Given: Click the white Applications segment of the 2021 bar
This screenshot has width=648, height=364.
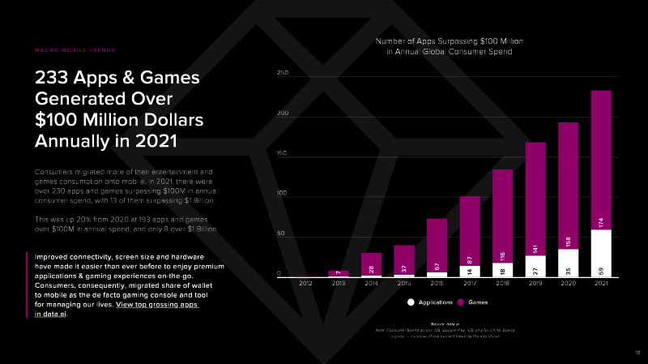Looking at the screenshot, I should click(x=601, y=254).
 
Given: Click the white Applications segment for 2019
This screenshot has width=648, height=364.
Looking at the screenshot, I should click(x=535, y=266).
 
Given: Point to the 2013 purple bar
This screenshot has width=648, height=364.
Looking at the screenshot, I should click(x=339, y=273).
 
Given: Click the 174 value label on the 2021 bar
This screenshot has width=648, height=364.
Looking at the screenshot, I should click(x=601, y=221).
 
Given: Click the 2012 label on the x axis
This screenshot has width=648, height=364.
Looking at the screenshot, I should click(x=305, y=283).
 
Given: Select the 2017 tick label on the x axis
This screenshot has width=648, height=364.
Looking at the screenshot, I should click(x=470, y=283).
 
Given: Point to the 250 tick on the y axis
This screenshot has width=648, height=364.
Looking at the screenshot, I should click(x=283, y=73).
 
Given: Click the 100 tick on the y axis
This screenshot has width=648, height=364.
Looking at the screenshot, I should click(x=283, y=194).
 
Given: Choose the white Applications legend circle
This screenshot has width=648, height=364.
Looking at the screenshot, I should click(x=411, y=302).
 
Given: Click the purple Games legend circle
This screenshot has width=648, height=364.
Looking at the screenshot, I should click(x=461, y=302).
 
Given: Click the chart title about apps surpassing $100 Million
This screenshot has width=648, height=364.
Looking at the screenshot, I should click(x=448, y=45).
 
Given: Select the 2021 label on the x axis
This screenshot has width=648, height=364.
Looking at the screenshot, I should click(x=601, y=283).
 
